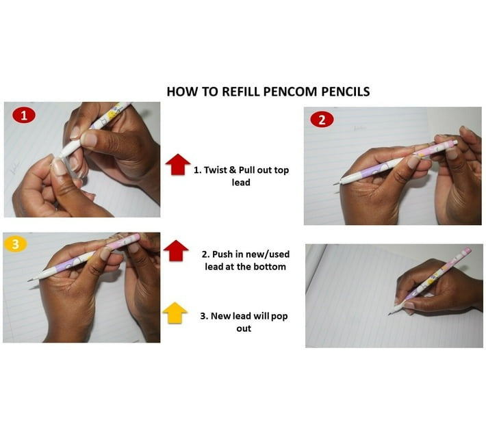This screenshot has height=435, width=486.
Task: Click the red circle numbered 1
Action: (24, 116)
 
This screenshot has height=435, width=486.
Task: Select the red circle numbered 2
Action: (322, 120)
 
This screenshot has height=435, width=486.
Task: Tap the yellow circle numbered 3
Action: (15, 244)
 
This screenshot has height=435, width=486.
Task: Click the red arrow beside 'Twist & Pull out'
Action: (177, 164)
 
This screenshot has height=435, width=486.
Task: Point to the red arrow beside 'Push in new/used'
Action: (176, 250)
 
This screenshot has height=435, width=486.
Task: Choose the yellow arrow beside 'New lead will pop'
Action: (175, 313)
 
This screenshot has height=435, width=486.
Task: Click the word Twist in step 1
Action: (215, 170)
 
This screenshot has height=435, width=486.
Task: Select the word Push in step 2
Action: (222, 254)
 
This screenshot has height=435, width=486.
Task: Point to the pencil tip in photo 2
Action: (335, 184)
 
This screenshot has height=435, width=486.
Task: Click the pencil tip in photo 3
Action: (29, 280)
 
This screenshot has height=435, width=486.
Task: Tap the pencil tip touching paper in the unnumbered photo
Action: (389, 314)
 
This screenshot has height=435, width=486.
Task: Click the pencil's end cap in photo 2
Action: (455, 142)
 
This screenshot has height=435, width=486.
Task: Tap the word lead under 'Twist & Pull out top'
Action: (241, 183)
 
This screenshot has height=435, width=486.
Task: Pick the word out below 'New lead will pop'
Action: (244, 328)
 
